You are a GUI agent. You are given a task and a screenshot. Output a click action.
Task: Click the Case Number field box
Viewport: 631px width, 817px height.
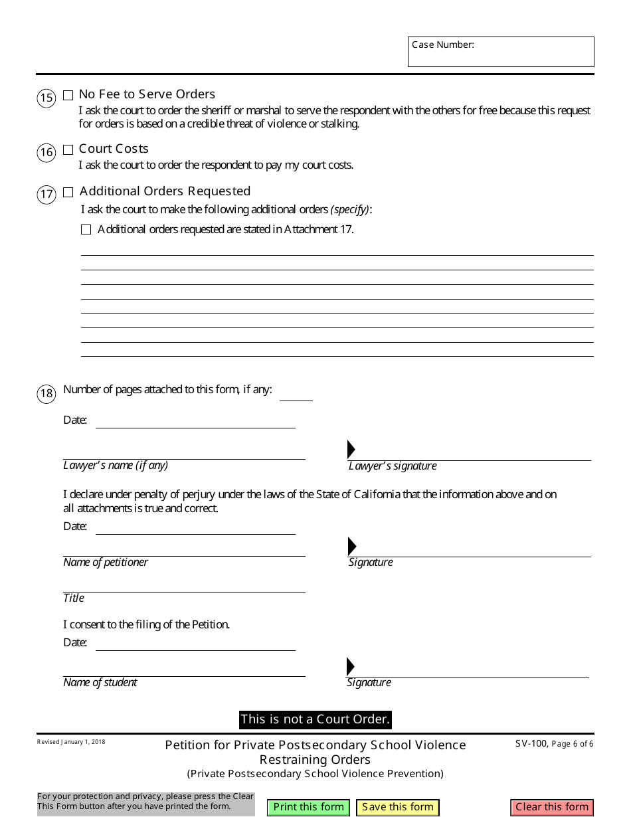(501, 52)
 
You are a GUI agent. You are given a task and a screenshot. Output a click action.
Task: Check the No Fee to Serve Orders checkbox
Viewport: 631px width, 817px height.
(68, 95)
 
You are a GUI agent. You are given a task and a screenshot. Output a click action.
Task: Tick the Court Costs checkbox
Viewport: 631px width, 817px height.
(68, 149)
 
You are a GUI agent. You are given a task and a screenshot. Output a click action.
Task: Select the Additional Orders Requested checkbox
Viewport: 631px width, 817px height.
(68, 193)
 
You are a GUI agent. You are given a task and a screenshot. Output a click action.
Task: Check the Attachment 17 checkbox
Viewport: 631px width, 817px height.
(86, 230)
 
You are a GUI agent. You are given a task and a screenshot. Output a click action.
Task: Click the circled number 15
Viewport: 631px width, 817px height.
(46, 99)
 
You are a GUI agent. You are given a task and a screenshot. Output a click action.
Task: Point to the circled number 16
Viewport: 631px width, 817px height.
(46, 153)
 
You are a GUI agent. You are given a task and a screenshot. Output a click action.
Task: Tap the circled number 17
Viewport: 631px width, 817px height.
(46, 195)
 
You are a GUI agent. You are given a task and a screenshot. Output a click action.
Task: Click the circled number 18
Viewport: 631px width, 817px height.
(46, 394)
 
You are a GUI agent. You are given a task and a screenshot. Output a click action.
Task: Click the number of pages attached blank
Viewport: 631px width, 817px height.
(296, 394)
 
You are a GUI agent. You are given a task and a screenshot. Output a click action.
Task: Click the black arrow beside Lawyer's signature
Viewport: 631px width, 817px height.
(351, 450)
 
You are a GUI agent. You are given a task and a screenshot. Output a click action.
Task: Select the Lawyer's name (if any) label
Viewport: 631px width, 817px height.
(116, 466)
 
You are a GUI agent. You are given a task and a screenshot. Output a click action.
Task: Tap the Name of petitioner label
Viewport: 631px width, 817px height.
(106, 563)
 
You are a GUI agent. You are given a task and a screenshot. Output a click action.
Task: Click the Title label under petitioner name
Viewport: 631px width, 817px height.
(74, 598)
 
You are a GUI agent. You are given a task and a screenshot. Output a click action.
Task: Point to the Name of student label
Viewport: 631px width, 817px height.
(100, 683)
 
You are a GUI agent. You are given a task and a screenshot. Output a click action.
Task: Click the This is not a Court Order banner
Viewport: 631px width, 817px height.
(315, 719)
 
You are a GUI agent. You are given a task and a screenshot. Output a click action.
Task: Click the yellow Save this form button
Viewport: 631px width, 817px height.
(398, 807)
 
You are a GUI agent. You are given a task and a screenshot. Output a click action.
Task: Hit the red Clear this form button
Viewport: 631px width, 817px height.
(552, 807)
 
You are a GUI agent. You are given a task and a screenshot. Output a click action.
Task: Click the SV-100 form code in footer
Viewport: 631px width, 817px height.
(531, 744)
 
